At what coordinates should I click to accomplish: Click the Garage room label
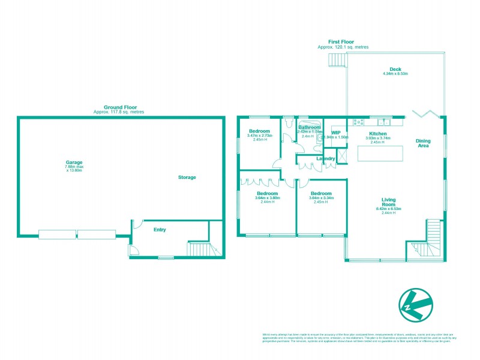coord(74,162)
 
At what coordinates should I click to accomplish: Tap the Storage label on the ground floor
coord(187,178)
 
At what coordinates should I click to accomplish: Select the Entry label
coord(160,230)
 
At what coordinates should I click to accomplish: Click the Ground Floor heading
coord(118,107)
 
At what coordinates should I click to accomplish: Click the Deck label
coord(395,70)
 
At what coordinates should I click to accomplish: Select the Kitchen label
coord(378,133)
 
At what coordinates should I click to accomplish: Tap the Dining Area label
coord(423,143)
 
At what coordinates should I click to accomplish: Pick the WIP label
coord(336,133)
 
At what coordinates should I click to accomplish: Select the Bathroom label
coord(310,127)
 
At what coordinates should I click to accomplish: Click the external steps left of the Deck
coord(336,60)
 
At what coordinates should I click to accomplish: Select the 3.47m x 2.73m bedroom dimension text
coord(260,136)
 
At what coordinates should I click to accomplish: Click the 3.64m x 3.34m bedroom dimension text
coord(321,197)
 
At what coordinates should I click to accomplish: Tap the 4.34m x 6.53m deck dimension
coord(395,74)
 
